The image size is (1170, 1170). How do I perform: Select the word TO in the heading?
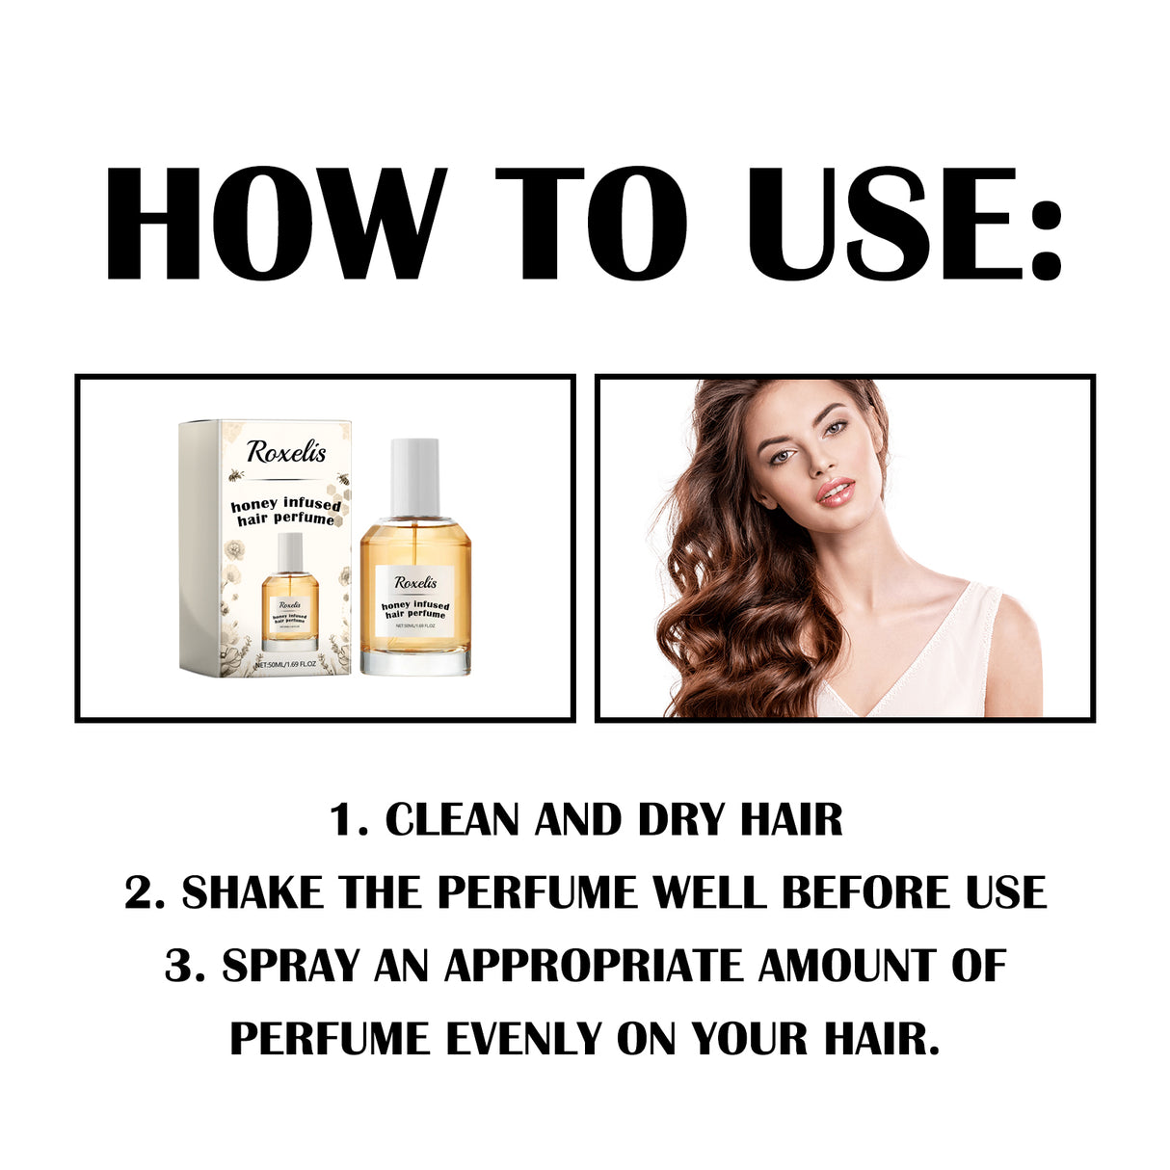point(591,225)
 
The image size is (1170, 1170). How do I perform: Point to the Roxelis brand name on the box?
point(286,452)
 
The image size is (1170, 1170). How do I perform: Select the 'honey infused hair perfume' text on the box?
point(286,512)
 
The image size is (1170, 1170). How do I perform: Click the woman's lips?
point(835,491)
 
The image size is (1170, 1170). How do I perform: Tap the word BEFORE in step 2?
point(866,893)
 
